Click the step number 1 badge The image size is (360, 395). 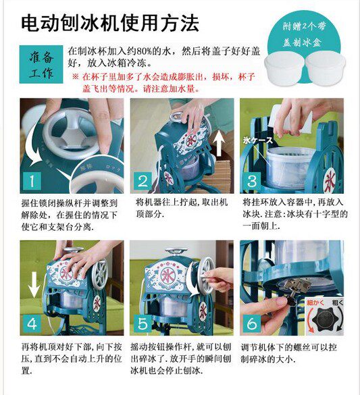coord(32,181)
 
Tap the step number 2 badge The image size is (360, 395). coord(143,181)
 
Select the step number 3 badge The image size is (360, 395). coord(252,181)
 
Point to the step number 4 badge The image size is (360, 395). coord(32,323)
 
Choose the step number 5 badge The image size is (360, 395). coord(143,323)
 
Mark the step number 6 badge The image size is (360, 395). coord(252,323)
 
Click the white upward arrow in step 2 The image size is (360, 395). coord(219,145)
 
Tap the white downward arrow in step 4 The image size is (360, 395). coord(34,285)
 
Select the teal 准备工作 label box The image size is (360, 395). coord(41,64)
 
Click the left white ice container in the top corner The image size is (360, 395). coord(284,68)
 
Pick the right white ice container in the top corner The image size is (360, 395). coord(325,68)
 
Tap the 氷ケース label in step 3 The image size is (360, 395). coord(257,140)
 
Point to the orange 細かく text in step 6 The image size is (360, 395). coord(315,302)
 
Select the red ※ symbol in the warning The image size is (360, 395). coord(76,76)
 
